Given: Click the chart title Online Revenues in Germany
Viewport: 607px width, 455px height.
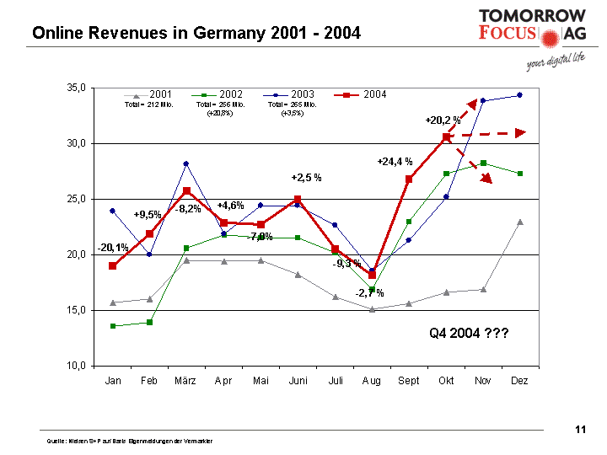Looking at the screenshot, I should coord(196,34).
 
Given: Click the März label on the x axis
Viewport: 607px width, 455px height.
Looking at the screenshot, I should coord(185,381).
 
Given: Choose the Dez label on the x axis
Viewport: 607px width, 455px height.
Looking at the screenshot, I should coord(519,381).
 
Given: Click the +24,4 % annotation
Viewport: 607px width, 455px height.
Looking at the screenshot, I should coord(395,161).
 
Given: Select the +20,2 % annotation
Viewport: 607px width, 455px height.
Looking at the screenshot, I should coord(443,120).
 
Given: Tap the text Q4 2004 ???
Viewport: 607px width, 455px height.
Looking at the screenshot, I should coord(469,334).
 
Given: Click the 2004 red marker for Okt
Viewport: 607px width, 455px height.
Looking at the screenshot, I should coord(446,136).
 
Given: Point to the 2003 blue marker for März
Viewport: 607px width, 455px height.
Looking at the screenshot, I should coord(186,163).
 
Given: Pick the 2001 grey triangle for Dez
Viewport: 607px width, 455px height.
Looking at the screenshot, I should coord(519,222).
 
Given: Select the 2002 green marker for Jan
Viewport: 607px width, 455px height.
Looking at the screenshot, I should coord(112,326).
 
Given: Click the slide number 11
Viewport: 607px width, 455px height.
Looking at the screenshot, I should coord(580,431).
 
